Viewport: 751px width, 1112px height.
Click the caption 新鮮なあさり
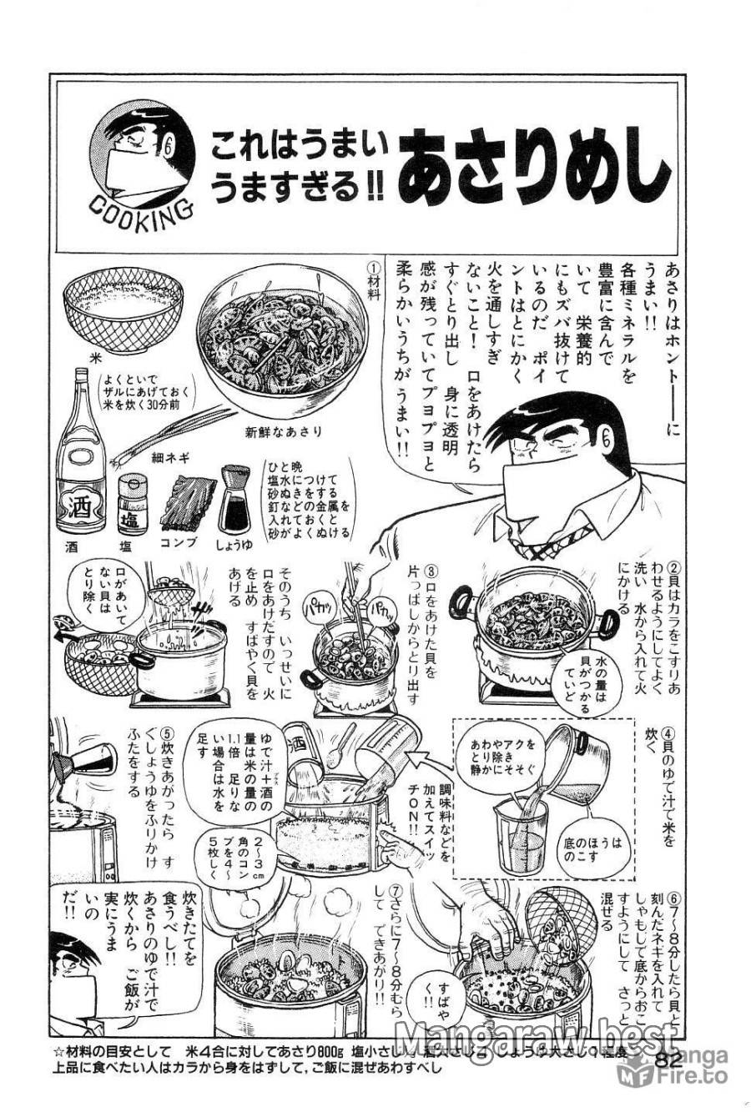click(284, 431)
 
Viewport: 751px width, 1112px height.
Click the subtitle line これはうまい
click(300, 149)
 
